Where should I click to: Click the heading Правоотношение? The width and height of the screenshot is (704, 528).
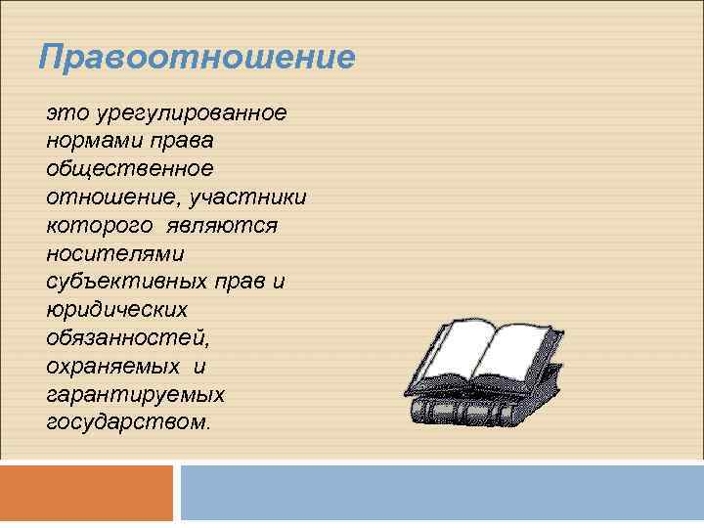(x=197, y=57)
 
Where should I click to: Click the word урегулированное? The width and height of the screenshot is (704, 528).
(x=185, y=113)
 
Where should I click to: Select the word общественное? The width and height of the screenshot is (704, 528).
(x=128, y=169)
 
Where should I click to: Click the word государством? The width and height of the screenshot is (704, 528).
(x=126, y=422)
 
